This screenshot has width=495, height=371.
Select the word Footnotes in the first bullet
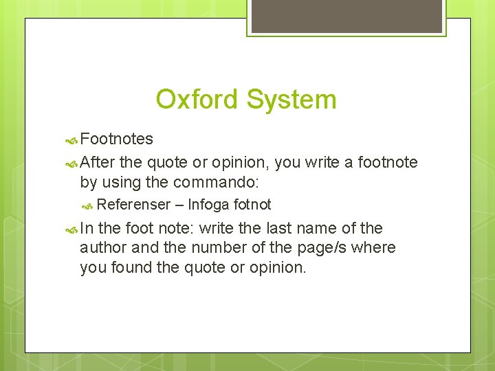tap(116, 139)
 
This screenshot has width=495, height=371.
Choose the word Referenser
tap(133, 204)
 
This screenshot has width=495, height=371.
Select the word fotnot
tap(252, 204)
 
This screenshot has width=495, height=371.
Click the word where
tap(374, 247)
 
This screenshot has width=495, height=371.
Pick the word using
tap(121, 183)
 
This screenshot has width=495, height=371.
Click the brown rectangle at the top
tap(346, 16)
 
